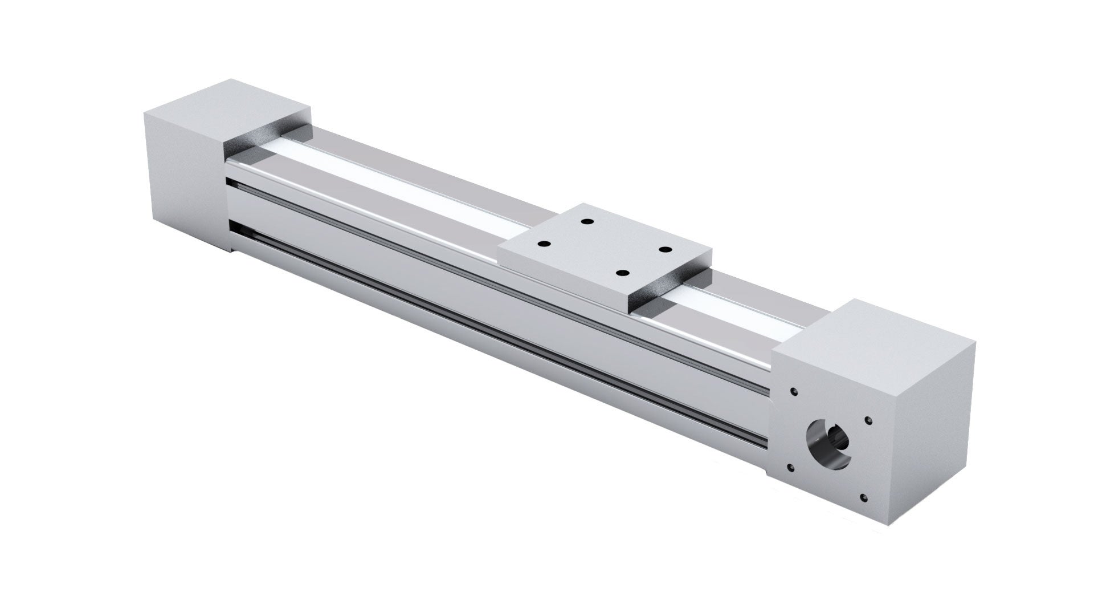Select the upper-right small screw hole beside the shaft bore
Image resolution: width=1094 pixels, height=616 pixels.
tap(868, 420)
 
